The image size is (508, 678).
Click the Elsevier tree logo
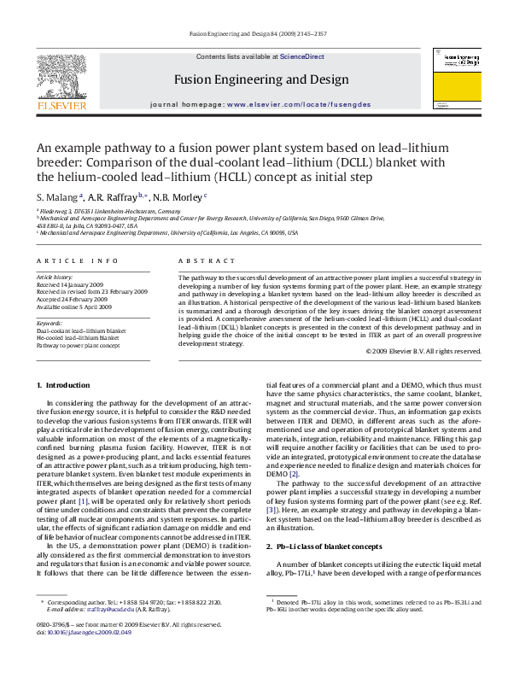(61, 81)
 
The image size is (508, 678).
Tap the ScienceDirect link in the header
(302, 56)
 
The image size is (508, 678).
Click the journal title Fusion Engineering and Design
(261, 79)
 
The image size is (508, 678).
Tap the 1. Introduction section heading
(67, 386)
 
